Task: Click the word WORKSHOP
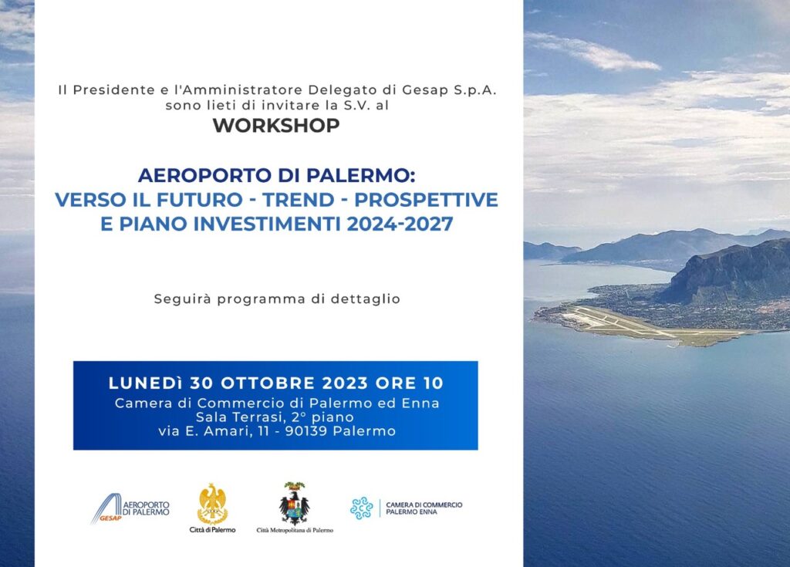point(276,126)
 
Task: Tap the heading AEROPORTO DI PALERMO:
point(277,175)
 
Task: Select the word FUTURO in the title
point(200,200)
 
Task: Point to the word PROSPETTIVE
point(426,200)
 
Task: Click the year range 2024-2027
point(400,224)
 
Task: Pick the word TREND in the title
point(299,200)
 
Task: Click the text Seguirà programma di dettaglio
point(277,299)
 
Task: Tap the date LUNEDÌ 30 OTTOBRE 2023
point(238,383)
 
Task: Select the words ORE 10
point(410,383)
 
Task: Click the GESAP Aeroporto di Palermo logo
point(130,508)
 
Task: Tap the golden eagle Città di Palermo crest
point(213,505)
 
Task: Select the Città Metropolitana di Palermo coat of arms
point(295,504)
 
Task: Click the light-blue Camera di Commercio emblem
point(362,508)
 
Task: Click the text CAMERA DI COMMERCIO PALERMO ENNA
point(424,508)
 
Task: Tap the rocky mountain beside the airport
point(725,272)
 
